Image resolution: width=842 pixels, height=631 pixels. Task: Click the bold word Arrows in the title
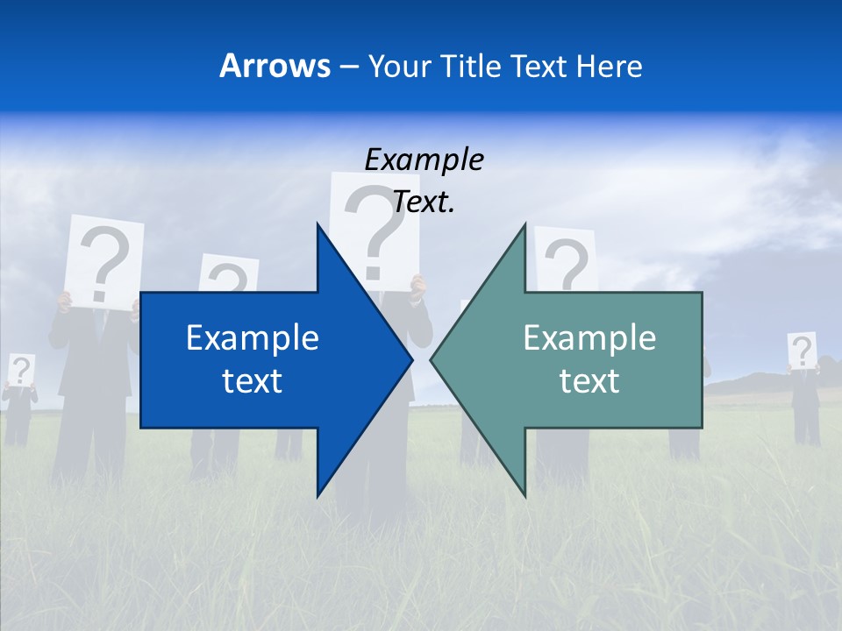tap(275, 66)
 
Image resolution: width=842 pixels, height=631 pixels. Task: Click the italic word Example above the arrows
tap(424, 160)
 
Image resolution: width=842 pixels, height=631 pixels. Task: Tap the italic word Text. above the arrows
tap(424, 202)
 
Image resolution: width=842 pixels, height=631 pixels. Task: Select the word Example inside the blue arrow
tap(253, 337)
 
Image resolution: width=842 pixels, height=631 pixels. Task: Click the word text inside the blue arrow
tap(253, 380)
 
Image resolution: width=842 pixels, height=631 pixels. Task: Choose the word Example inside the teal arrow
tap(589, 337)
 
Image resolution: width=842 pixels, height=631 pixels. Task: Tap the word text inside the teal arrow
tap(589, 380)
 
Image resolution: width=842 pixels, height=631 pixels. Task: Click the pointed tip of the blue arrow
tap(411, 359)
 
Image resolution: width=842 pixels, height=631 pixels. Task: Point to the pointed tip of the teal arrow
tap(432, 359)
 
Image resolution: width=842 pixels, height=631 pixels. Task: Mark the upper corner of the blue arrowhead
tap(318, 224)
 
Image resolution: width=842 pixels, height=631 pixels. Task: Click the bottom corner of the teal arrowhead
tap(524, 495)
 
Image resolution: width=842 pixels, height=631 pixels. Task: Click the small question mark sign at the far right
tap(802, 351)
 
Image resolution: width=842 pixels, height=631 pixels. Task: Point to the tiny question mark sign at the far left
tap(21, 370)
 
